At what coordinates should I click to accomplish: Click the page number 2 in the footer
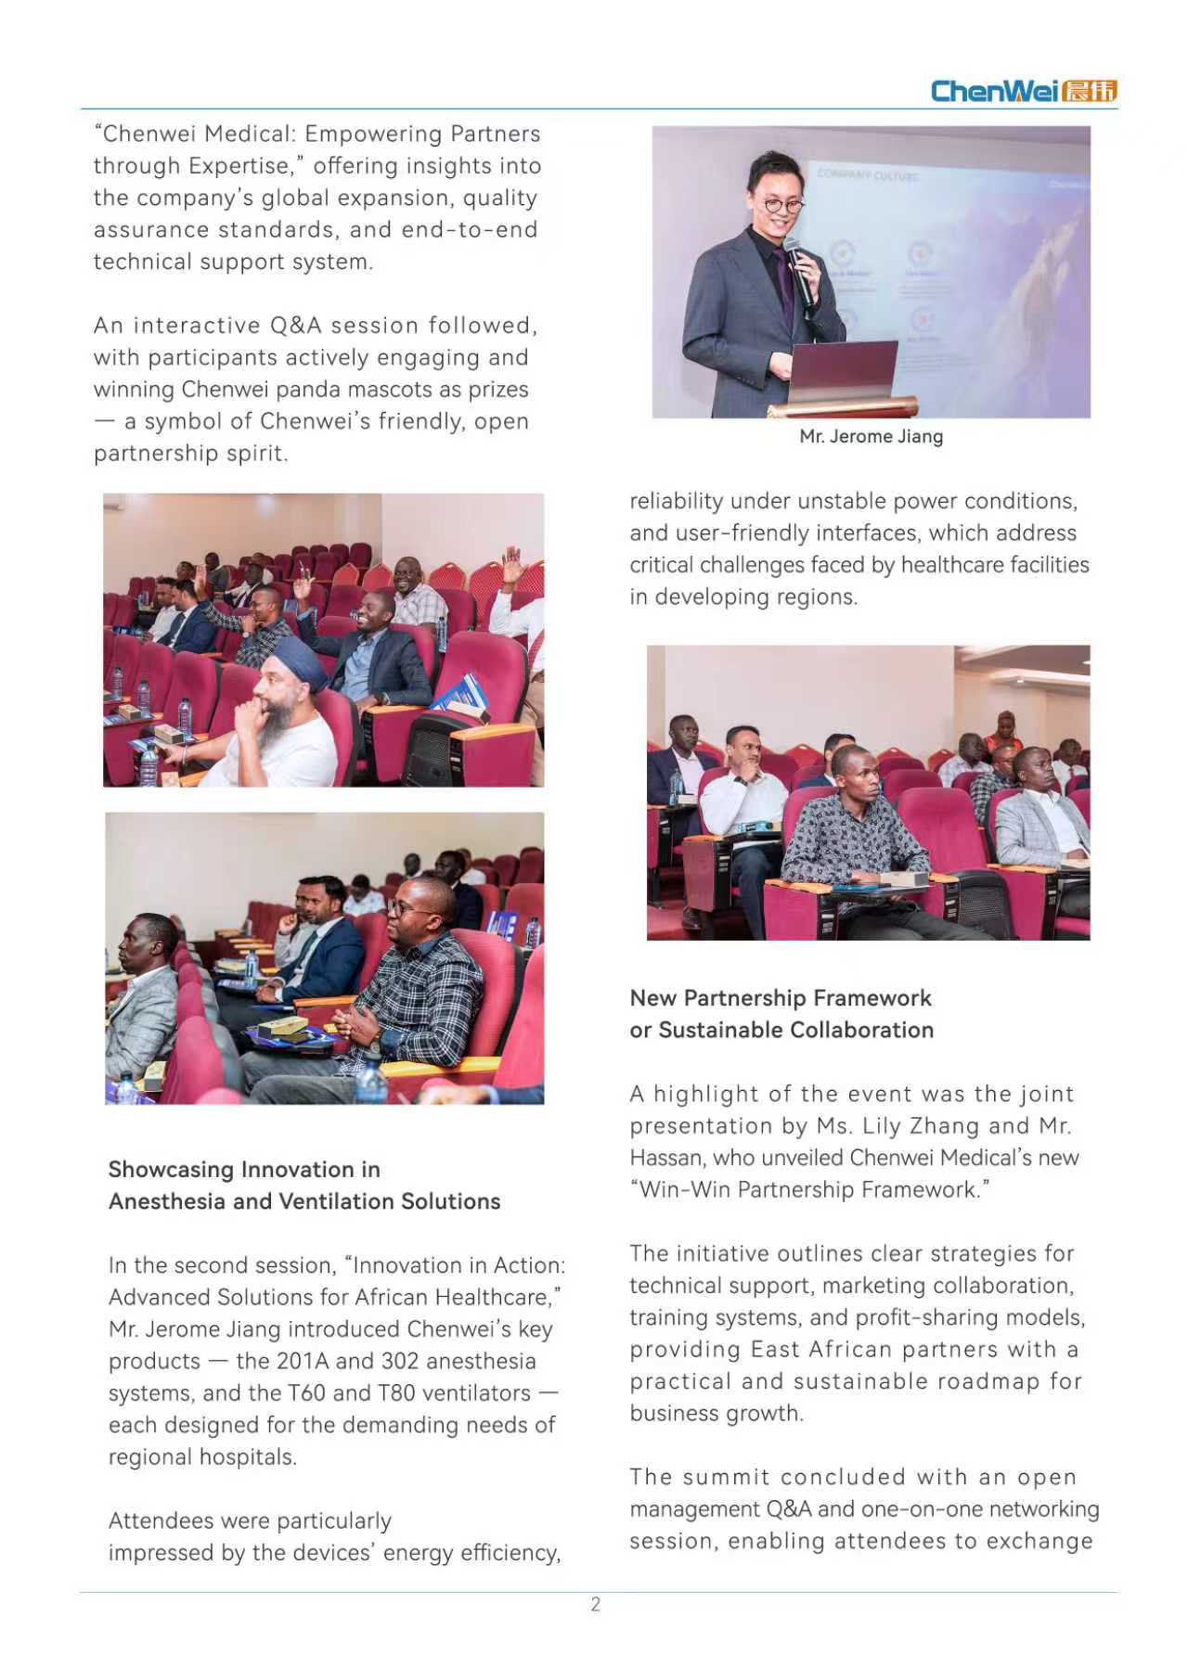coord(595,1604)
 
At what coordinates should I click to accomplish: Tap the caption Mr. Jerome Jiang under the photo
coord(871,436)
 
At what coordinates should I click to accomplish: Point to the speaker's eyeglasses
coord(782,204)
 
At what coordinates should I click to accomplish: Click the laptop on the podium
coord(844,375)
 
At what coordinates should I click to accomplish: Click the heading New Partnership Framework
coord(780,998)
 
